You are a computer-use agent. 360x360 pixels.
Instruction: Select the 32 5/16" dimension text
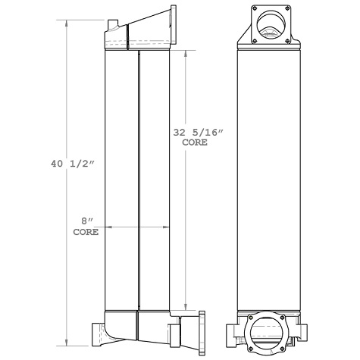point(200,132)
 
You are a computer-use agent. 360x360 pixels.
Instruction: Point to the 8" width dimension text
point(88,221)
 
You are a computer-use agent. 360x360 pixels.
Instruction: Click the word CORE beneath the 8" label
point(86,233)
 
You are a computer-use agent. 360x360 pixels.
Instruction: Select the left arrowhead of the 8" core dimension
point(108,226)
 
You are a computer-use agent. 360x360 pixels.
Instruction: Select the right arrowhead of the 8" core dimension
point(171,226)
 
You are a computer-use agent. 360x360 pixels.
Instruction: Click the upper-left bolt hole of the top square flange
point(253,10)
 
